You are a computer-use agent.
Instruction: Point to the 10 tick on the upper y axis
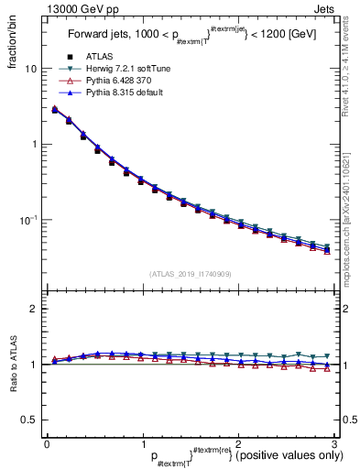pyautogui.click(x=32, y=69)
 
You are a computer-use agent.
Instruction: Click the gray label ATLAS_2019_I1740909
pyautogui.click(x=190, y=274)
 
